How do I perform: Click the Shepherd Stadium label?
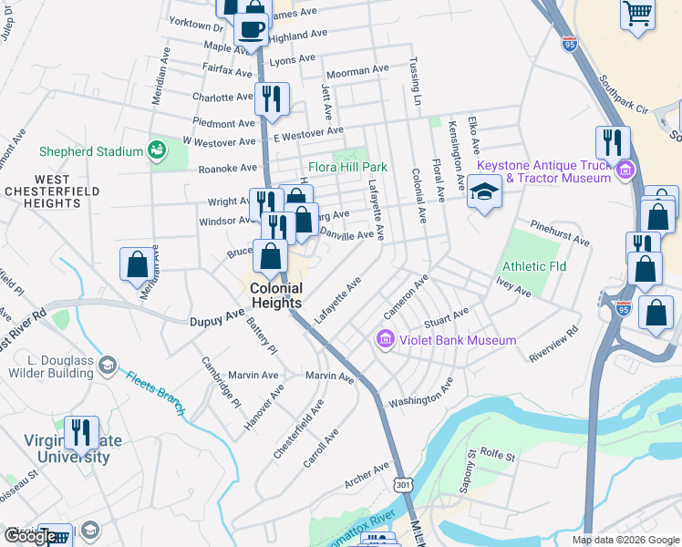tap(91, 150)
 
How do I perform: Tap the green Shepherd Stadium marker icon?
tap(156, 149)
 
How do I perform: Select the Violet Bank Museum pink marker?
tap(385, 340)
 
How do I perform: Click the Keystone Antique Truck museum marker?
tap(625, 170)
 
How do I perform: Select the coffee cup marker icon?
tap(252, 27)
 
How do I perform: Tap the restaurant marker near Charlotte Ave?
tap(272, 98)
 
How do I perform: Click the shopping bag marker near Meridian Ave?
tap(137, 264)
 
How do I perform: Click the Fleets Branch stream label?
tap(155, 389)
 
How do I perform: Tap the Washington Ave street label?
tap(420, 395)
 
